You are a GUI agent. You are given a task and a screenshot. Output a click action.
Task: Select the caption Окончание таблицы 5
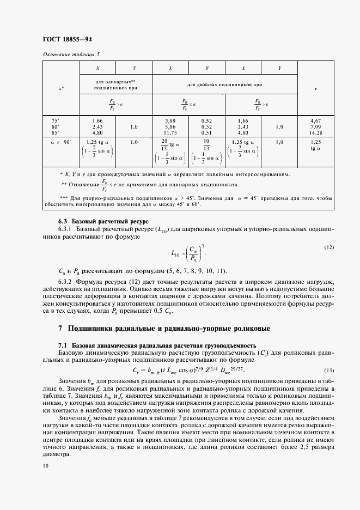point(71,54)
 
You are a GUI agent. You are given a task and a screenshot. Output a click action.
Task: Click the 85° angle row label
point(55,131)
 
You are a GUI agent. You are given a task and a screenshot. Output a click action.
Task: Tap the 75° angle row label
point(55,120)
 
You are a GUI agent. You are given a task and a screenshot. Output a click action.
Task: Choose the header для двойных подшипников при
point(225,84)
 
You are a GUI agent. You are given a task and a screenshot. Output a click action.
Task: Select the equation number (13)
point(328,370)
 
